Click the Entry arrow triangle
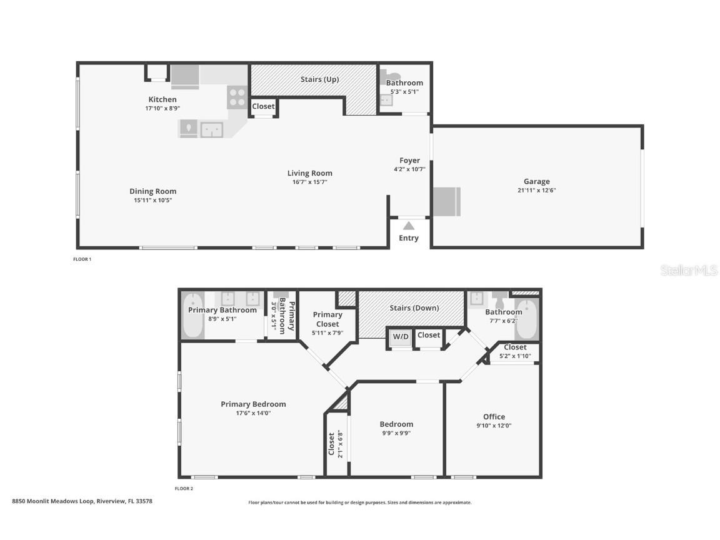tap(409, 226)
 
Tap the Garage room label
tap(536, 181)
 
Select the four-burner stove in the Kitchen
tap(237, 97)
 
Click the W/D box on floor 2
tap(401, 337)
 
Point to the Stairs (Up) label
tap(319, 79)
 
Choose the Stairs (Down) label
tap(414, 307)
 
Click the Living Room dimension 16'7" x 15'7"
tap(309, 182)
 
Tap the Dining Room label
tap(153, 191)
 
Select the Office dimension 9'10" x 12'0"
tap(494, 425)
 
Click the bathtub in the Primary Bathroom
tap(193, 316)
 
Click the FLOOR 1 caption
tap(82, 259)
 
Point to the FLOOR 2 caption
tap(184, 488)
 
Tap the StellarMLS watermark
tap(689, 271)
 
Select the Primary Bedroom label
tap(253, 404)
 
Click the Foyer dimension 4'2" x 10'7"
tap(409, 169)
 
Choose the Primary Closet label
tap(327, 319)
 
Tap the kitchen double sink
tap(212, 129)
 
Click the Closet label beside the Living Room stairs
tap(263, 106)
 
